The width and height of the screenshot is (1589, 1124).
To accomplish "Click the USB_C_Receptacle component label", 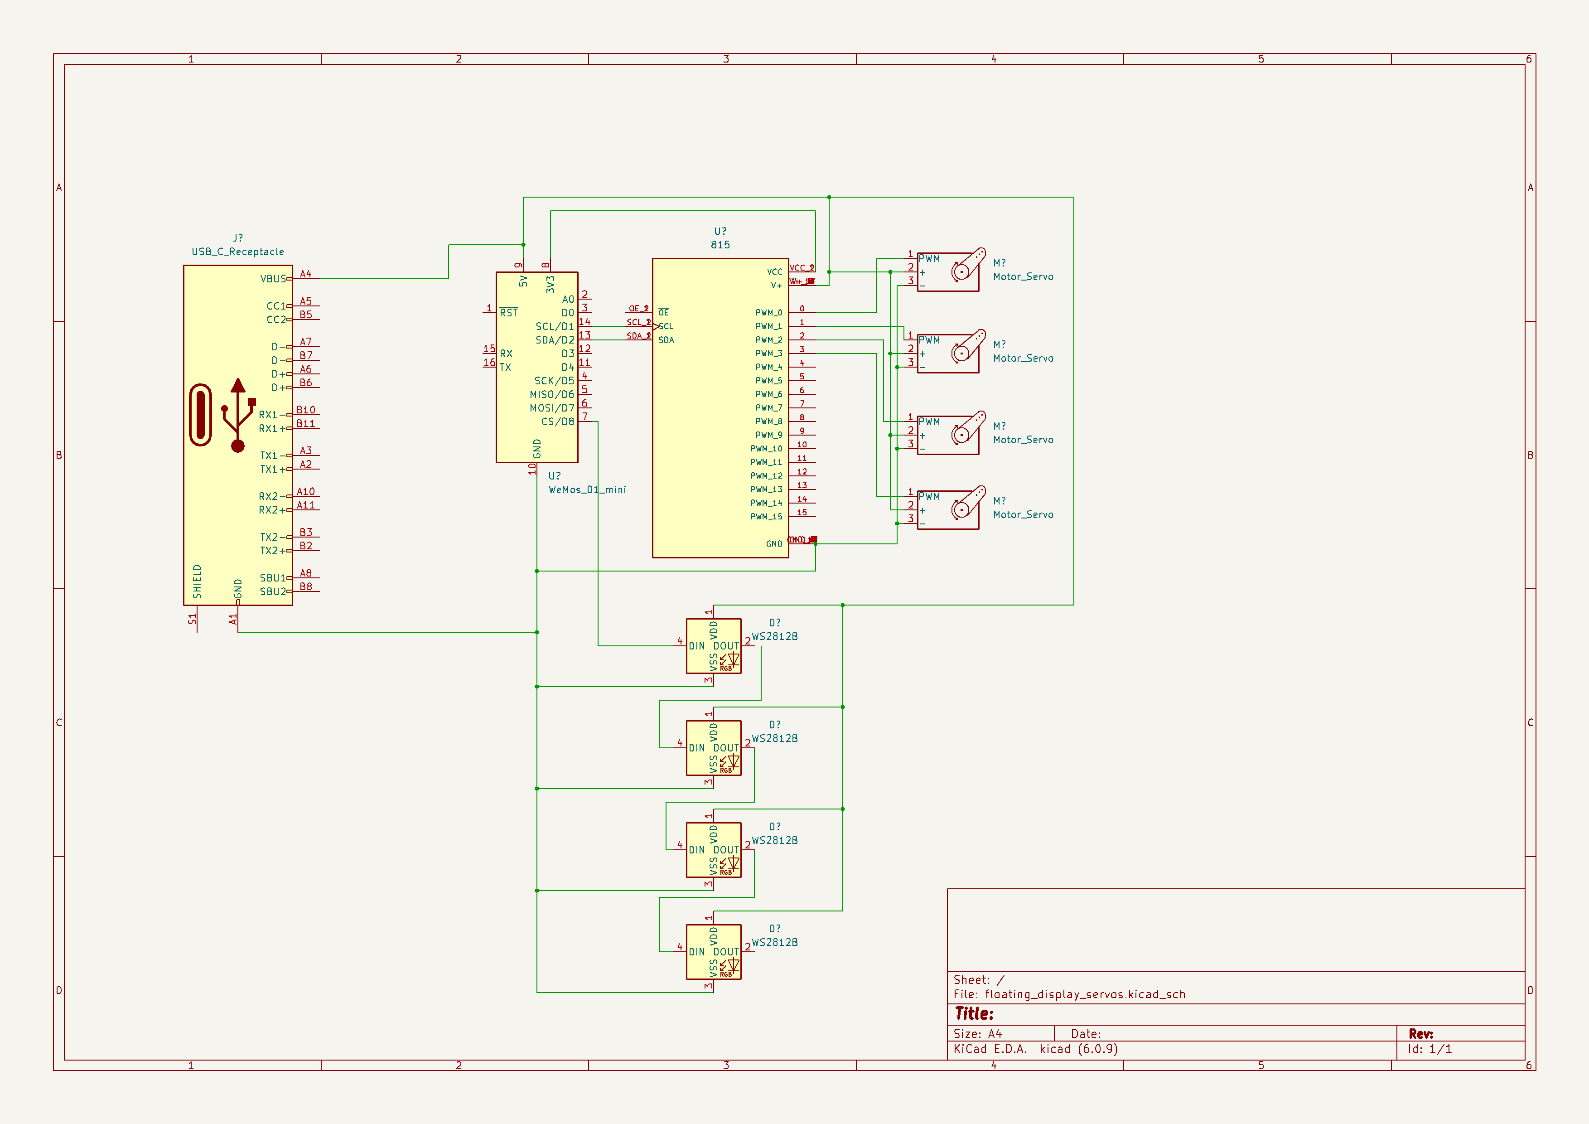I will tap(237, 252).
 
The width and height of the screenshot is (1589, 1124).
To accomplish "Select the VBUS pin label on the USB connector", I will tap(273, 279).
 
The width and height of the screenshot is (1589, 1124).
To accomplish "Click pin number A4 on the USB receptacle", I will tap(305, 274).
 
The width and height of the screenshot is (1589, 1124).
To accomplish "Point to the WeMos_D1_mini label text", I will tap(587, 490).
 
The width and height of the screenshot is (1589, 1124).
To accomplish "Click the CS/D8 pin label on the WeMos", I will tap(557, 421).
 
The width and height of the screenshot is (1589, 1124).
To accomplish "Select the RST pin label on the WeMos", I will tap(509, 313).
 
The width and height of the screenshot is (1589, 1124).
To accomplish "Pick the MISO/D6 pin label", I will tap(551, 394).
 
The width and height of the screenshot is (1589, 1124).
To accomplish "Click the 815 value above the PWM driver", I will tap(720, 245).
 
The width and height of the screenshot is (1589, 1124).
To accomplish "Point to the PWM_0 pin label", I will tap(768, 313).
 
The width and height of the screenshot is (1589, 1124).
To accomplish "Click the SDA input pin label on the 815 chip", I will tap(666, 340).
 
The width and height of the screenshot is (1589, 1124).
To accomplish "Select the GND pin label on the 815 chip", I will tap(774, 544).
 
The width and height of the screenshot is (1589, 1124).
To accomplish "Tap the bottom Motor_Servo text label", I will tap(1023, 515).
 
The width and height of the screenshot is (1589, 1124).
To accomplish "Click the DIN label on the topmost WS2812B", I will tap(696, 646).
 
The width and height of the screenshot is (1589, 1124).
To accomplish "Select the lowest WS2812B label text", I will tap(774, 943).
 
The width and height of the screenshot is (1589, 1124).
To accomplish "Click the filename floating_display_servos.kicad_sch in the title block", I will tap(1084, 994).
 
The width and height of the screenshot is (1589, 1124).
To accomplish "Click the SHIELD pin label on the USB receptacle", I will tap(197, 581).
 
